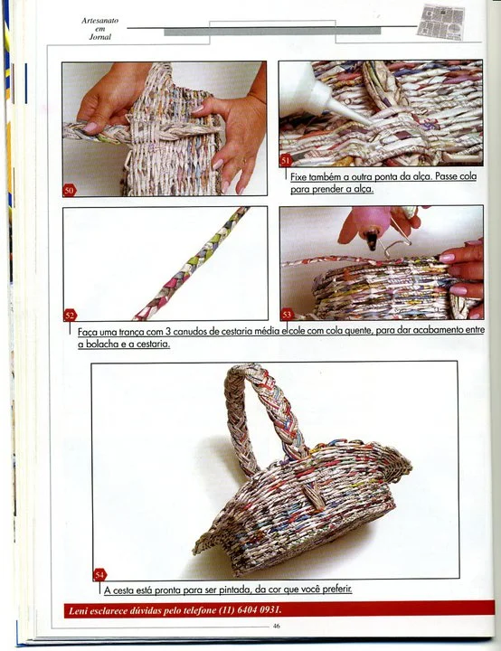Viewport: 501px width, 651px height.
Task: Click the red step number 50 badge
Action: click(70, 191)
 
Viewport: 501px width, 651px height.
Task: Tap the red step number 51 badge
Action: click(286, 161)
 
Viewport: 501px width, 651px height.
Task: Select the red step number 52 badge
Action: click(70, 316)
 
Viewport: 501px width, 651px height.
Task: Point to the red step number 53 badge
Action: click(287, 315)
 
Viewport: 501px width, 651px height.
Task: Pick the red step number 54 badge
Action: click(99, 575)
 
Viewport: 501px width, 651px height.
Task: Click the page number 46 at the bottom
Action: click(276, 626)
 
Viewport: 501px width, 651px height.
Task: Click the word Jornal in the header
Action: click(100, 37)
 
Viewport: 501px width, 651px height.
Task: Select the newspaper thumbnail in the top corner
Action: click(441, 22)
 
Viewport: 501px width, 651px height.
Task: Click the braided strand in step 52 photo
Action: click(194, 263)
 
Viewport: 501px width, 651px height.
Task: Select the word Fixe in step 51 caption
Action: click(298, 177)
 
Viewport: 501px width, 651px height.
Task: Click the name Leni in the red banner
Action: click(78, 610)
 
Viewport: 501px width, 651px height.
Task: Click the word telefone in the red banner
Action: click(199, 610)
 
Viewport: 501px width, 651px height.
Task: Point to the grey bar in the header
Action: click(272, 32)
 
